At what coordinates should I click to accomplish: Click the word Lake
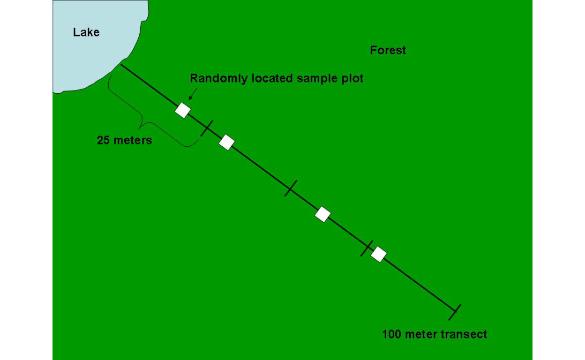86,32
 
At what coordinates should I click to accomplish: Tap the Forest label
388,50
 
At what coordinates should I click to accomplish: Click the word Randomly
219,78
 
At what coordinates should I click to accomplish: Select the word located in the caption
272,78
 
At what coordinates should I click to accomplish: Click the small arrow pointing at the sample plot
193,94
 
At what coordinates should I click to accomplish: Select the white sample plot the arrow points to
183,110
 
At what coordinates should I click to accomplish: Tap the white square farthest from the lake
379,254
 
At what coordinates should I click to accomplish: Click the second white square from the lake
227,142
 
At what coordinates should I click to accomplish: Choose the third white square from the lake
323,214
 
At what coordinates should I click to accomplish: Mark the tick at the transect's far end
455,312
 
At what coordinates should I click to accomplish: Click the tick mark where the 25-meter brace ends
207,128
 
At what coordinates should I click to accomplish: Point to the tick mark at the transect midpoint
291,188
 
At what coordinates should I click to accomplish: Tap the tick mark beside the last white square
367,248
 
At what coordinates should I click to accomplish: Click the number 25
103,140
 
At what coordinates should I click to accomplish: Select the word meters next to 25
133,140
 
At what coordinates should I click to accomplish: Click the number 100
391,334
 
